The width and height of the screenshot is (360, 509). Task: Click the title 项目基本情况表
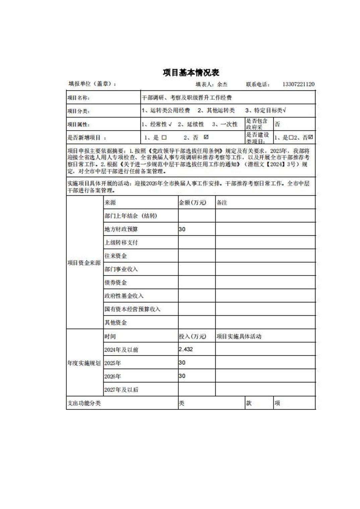coord(191,72)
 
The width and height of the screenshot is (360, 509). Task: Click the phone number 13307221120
coord(298,84)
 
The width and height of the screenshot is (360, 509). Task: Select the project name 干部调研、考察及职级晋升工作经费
coord(187,98)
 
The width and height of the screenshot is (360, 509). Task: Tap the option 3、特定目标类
coord(265,111)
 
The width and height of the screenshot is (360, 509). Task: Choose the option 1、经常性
coord(156,124)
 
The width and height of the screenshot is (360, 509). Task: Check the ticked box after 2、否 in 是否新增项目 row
coord(206,137)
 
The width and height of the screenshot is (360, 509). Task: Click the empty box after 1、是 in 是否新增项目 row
coord(164,138)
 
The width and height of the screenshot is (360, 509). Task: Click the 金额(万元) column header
coord(192,203)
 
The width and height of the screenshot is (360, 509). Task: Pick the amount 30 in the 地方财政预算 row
coord(182,229)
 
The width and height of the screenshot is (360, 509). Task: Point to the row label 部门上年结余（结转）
coord(131,216)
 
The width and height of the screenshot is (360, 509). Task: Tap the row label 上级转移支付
coord(121,242)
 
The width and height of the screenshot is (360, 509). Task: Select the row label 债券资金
coord(116,283)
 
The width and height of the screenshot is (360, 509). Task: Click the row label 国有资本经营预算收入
coord(132,309)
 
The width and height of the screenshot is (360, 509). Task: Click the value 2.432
coord(186,349)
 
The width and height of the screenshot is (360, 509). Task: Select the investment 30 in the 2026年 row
coord(182,376)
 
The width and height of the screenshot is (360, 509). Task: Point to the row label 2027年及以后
coord(121,390)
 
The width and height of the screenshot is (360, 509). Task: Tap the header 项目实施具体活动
coord(239,336)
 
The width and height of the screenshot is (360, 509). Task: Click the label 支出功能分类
coord(84,403)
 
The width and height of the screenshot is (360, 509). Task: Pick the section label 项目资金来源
coord(84,263)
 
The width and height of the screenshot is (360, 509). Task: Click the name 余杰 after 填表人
coord(222,84)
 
